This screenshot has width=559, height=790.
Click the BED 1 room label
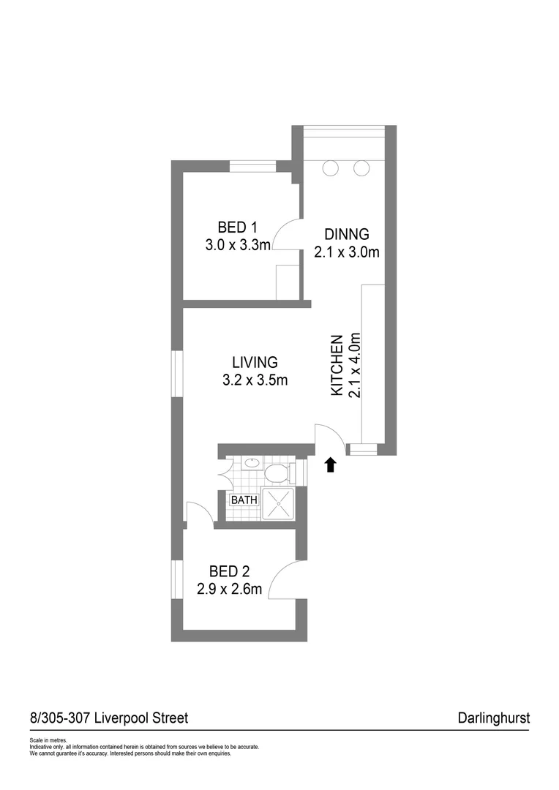237,227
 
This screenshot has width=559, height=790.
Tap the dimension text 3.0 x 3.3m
238,245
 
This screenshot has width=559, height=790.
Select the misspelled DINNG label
347,235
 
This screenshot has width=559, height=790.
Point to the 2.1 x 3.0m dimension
347,253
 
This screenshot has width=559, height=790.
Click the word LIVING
255,362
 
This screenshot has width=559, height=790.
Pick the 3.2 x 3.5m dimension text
255,380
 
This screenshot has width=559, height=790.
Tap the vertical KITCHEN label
337,366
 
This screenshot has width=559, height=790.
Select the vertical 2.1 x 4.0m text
356,366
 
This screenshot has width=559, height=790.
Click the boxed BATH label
244,500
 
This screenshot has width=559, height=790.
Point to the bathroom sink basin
251,463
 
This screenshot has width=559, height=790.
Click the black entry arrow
330,464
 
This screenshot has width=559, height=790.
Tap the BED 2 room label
228,571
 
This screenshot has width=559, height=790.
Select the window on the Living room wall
177,374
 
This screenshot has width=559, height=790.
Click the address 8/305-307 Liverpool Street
108,718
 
